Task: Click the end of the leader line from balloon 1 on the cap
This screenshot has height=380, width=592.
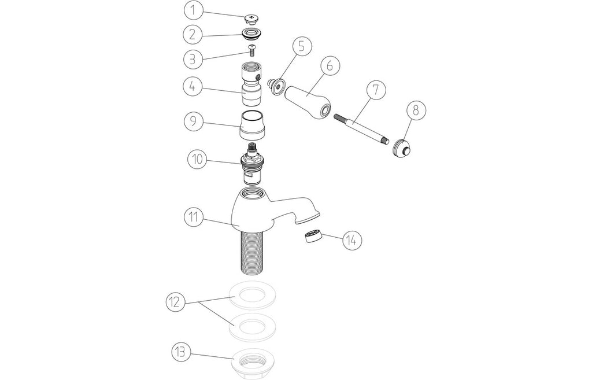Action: (246, 16)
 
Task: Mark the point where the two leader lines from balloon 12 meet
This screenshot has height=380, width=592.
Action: (199, 303)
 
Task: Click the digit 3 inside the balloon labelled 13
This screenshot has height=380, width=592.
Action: (183, 352)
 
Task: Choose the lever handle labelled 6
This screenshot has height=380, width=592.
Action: (307, 101)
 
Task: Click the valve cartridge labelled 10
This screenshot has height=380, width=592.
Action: (252, 164)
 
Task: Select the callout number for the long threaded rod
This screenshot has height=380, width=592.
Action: (376, 90)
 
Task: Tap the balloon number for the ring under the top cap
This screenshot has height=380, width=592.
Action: (193, 34)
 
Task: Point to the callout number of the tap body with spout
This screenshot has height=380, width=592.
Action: (194, 217)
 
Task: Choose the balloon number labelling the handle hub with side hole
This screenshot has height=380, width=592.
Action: (193, 87)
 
